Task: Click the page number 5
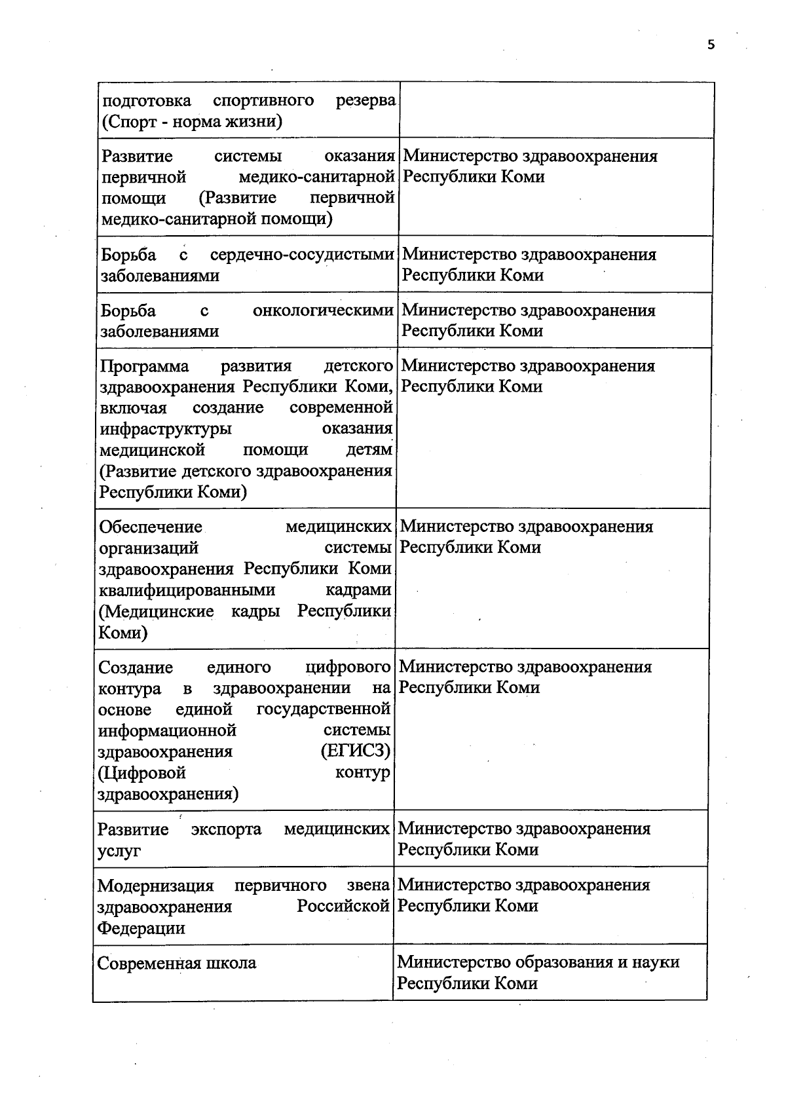tap(711, 45)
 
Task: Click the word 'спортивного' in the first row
tap(263, 100)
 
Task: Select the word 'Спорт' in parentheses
tap(131, 122)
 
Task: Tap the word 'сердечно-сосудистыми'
tap(302, 255)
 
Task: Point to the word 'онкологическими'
tap(323, 310)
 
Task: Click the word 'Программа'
tap(144, 366)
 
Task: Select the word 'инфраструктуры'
tap(165, 429)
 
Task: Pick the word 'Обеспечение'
tap(150, 527)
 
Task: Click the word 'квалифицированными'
tap(187, 590)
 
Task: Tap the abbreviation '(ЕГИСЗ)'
tap(356, 751)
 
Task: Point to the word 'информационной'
tap(166, 730)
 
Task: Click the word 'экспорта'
tap(226, 829)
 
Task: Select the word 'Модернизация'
tap(155, 886)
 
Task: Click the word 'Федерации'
tap(141, 928)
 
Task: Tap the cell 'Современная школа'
tap(177, 964)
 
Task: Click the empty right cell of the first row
tap(556, 110)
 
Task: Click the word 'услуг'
tap(119, 851)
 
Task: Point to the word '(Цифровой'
tap(141, 773)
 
